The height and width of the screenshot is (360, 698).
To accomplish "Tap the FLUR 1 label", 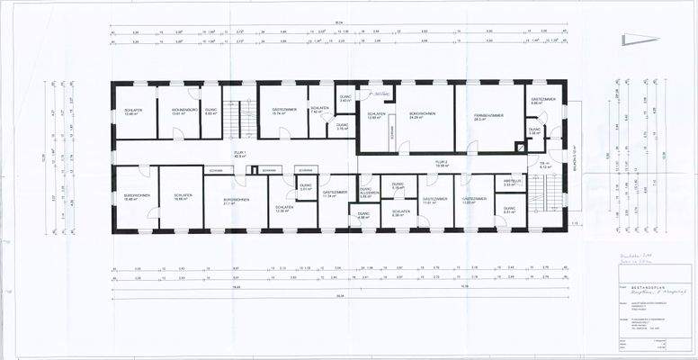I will (x=241, y=155).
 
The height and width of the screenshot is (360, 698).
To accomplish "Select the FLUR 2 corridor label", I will (x=442, y=165).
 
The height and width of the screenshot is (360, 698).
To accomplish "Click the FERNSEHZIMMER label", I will (x=489, y=117).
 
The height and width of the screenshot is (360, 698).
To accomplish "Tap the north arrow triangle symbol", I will (x=640, y=38).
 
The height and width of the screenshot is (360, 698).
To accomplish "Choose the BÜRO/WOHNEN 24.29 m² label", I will (x=423, y=117).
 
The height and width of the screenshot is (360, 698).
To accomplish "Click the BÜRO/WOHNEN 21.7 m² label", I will (x=236, y=201).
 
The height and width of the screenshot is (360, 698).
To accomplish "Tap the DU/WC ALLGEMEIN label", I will (x=370, y=193).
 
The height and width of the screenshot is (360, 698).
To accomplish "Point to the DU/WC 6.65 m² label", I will (x=211, y=112).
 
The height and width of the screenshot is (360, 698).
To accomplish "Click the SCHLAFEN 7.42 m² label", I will (x=319, y=112).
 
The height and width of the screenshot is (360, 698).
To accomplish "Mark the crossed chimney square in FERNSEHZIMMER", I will (x=519, y=146).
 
